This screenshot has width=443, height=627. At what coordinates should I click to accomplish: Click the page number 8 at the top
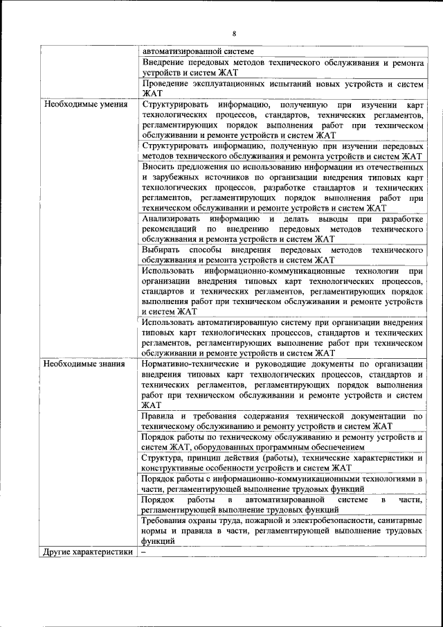(x=234, y=33)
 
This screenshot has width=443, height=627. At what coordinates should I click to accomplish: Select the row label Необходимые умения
(x=85, y=105)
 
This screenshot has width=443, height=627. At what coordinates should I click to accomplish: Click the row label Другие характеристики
(x=87, y=552)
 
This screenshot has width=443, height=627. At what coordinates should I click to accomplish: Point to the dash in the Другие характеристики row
(x=143, y=552)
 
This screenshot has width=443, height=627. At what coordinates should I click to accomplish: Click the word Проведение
(x=166, y=83)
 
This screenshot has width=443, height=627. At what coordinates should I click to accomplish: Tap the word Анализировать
(x=173, y=219)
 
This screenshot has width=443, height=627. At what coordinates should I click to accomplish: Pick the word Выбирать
(x=161, y=249)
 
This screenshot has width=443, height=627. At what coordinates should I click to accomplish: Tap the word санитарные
(x=396, y=520)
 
